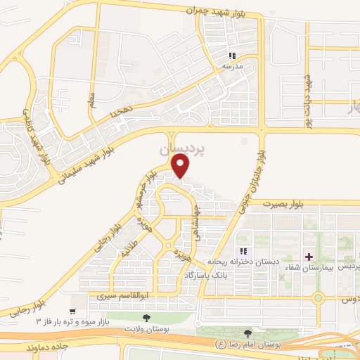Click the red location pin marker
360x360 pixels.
tap(181, 165)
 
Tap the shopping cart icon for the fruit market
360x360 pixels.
tap(72, 311)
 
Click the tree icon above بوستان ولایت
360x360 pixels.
tap(146, 318)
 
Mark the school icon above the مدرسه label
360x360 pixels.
tap(231, 56)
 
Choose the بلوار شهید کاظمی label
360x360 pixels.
tap(38, 134)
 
